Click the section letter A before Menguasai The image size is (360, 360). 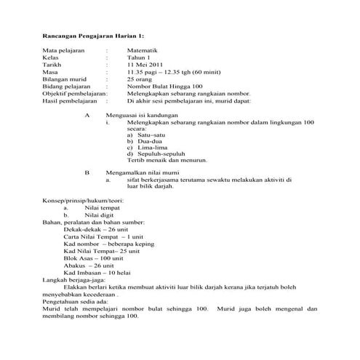(x=87, y=116)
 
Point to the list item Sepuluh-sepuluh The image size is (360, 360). (x=161, y=157)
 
